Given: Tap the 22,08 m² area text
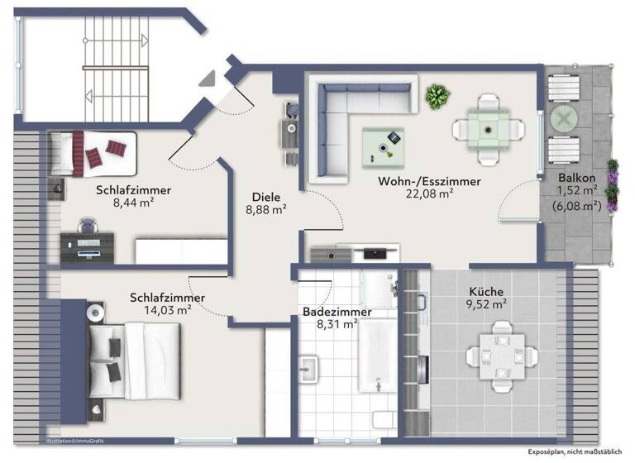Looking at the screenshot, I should coord(429,194).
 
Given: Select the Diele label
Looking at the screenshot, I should coord(265,197).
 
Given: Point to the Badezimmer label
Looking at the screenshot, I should coord(337,312).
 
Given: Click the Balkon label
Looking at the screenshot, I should coord(577,176).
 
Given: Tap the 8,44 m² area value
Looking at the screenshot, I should coord(133,201).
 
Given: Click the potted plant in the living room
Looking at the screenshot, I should coord(436,97).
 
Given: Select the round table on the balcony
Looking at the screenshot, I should coord(563,120).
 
